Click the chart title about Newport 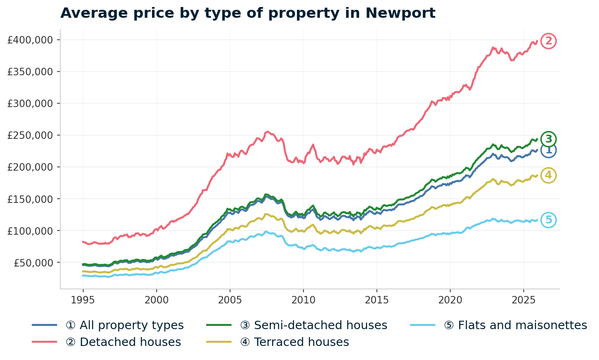[x=248, y=13]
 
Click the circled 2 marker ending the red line [x=548, y=41]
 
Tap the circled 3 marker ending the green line [x=548, y=139]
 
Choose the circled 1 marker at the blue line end [x=548, y=150]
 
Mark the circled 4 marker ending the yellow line [x=548, y=175]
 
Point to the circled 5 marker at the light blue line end [x=548, y=220]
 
